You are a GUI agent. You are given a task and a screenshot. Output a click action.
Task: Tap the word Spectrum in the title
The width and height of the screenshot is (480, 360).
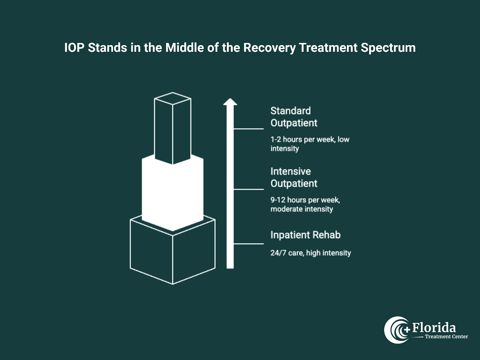(388, 48)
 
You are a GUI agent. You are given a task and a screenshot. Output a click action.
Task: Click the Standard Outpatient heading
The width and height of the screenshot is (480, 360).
(294, 117)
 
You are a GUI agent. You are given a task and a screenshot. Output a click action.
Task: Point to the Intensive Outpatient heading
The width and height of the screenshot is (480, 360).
(294, 177)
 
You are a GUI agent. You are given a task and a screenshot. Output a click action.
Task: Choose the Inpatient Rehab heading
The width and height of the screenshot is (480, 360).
(305, 235)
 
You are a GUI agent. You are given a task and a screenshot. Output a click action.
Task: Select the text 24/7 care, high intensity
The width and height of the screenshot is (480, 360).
(310, 253)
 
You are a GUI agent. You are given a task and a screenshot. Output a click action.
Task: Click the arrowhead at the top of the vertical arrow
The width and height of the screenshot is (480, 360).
(230, 102)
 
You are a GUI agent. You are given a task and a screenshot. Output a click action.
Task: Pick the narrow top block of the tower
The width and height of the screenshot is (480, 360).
(172, 129)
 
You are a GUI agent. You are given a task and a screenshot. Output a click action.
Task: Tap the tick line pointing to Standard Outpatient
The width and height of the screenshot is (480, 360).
(249, 129)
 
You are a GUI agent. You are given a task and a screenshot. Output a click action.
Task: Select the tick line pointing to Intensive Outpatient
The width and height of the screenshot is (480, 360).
(249, 189)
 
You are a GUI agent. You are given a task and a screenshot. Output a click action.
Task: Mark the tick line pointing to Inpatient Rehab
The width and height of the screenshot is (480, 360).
(249, 244)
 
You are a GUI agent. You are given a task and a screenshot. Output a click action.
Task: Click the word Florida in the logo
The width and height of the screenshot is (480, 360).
(434, 328)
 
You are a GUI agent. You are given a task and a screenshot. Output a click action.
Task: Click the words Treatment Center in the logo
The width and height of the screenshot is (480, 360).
(446, 337)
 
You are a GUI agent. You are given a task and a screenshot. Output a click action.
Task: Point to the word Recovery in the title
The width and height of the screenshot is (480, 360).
(269, 48)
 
